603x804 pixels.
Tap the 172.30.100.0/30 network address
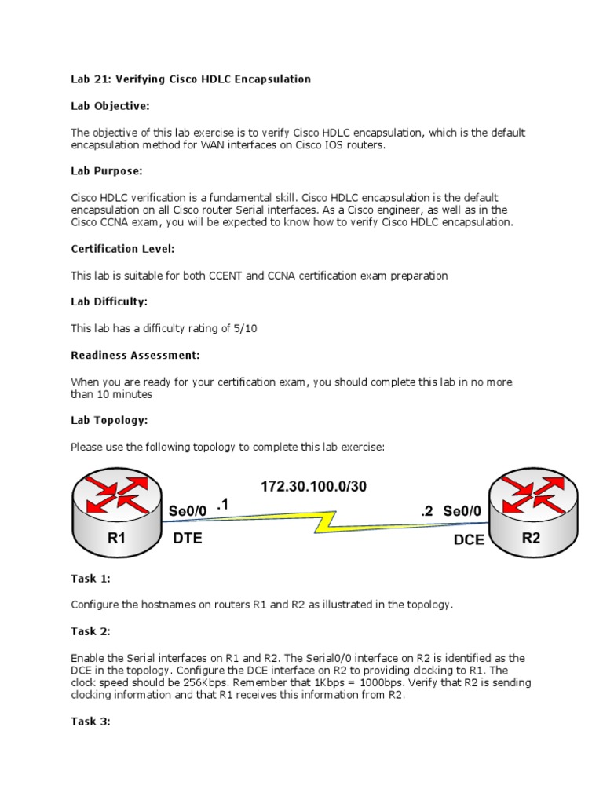(x=313, y=486)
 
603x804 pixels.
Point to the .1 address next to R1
(x=221, y=507)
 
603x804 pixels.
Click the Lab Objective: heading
(x=110, y=105)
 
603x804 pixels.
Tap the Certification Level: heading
(x=122, y=248)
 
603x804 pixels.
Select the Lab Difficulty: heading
(x=109, y=301)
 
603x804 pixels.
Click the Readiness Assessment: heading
(x=135, y=355)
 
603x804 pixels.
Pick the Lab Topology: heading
(x=109, y=420)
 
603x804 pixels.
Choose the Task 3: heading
(x=90, y=721)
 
